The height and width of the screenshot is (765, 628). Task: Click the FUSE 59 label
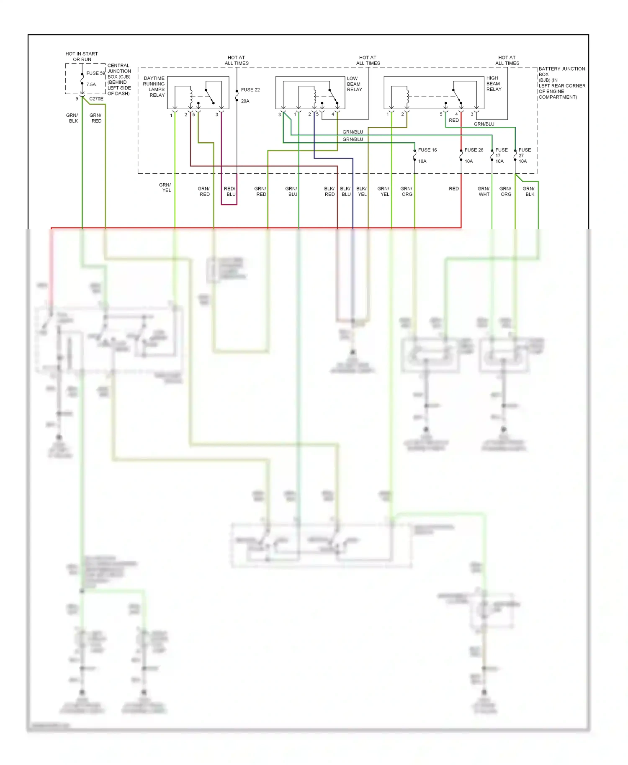point(95,73)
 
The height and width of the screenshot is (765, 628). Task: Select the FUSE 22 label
point(250,90)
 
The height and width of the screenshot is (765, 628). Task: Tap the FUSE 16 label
point(427,150)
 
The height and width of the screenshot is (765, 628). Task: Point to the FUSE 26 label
point(474,150)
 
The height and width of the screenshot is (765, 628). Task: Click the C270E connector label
point(96,99)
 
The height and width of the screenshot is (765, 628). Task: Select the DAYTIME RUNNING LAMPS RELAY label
point(154,87)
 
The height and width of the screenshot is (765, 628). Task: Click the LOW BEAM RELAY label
point(354,84)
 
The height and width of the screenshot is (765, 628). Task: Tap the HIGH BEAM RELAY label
point(494,84)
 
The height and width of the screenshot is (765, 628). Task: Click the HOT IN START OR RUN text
point(82,56)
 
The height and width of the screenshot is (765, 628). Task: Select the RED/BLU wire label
point(230,191)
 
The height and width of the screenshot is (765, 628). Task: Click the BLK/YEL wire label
point(361,191)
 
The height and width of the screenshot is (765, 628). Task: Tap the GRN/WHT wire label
point(484,191)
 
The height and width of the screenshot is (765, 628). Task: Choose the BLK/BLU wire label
point(345,191)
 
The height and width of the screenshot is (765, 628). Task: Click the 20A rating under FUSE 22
point(245,101)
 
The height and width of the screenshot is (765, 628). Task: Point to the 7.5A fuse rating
point(91,85)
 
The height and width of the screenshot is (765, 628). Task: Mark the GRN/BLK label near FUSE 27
point(529,191)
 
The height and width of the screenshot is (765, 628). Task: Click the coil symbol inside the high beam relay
point(407,97)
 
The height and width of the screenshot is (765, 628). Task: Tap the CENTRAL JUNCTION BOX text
point(119,80)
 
